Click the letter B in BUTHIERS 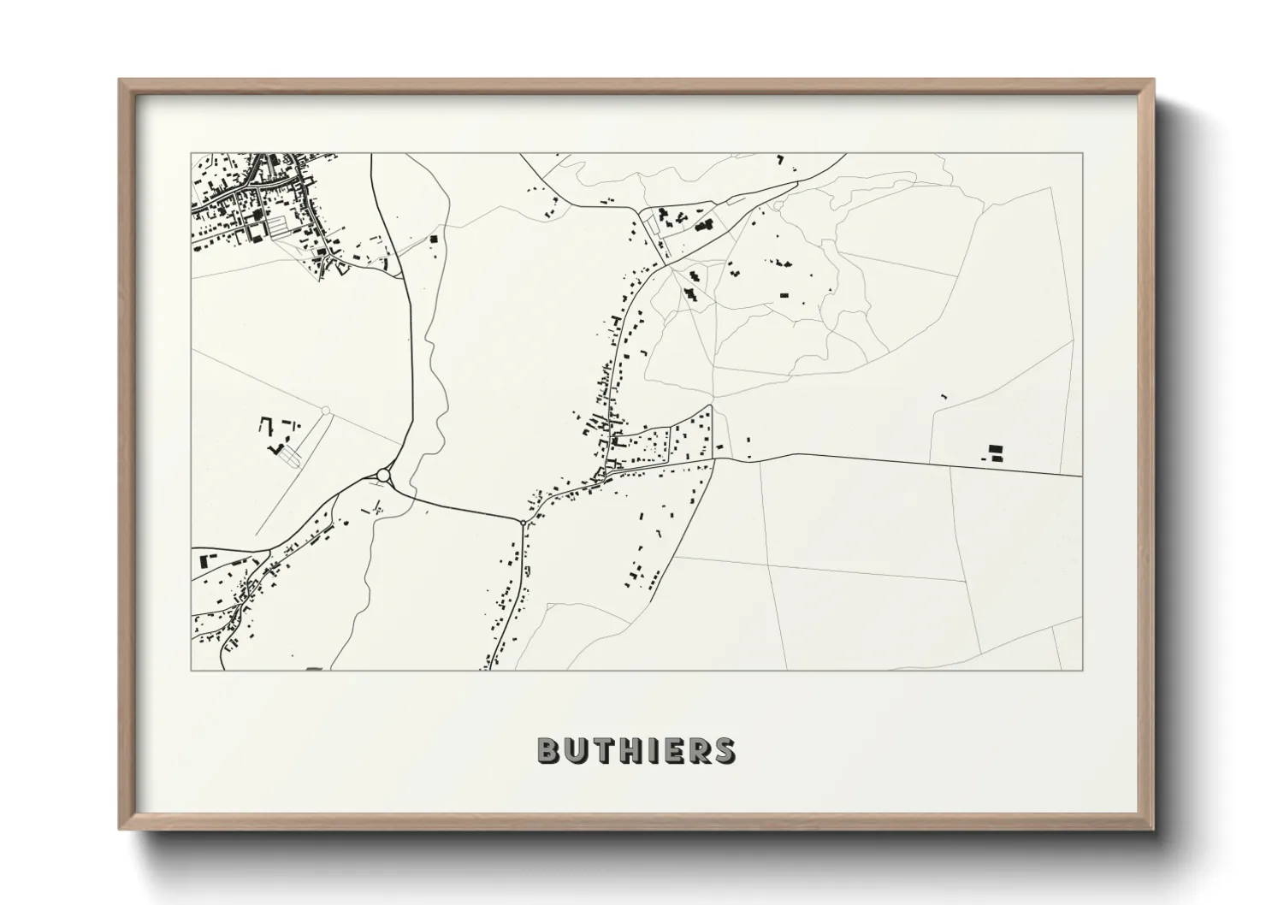pyautogui.click(x=549, y=750)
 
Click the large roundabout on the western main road pyautogui.click(x=383, y=475)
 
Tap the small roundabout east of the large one pyautogui.click(x=523, y=521)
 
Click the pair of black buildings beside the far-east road pyautogui.click(x=994, y=453)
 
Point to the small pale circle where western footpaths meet pyautogui.click(x=325, y=411)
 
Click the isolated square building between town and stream pyautogui.click(x=433, y=240)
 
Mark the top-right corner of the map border pyautogui.click(x=1082, y=154)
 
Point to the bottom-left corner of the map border pyautogui.click(x=192, y=670)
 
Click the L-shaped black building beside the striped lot pyautogui.click(x=275, y=447)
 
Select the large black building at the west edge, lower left pyautogui.click(x=204, y=561)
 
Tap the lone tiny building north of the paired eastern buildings pyautogui.click(x=944, y=397)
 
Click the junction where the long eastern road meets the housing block pyautogui.click(x=713, y=459)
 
